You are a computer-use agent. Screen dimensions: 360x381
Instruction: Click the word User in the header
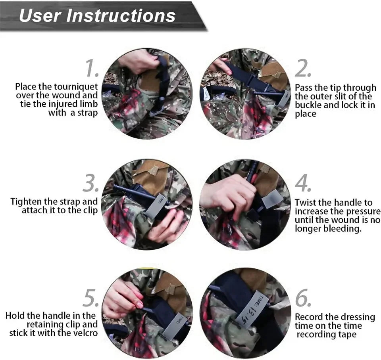click(40, 15)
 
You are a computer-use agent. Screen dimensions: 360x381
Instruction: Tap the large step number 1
click(92, 69)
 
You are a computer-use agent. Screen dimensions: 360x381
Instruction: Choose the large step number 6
click(303, 298)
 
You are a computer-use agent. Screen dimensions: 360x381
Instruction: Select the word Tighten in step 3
click(26, 202)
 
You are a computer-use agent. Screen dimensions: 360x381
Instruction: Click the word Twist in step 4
click(305, 203)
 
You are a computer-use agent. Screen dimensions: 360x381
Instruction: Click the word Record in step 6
click(308, 317)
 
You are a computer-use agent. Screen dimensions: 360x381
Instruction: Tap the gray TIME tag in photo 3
click(157, 205)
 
